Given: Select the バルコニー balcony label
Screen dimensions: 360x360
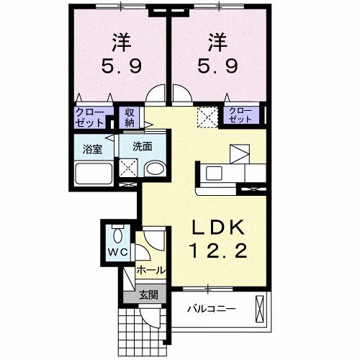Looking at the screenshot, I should click(211, 310).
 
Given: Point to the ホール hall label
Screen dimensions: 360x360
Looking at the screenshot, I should click(151, 271).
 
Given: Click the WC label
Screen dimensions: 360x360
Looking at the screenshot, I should click(117, 251).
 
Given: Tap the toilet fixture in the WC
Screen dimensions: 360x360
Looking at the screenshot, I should click(118, 234).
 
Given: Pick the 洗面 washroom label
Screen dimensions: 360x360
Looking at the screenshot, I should click(141, 146).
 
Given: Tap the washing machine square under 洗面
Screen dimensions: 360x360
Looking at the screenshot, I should click(130, 168).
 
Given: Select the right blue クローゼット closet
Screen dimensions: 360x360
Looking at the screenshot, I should click(240, 114).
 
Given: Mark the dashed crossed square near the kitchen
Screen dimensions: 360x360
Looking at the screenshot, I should click(208, 116).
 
